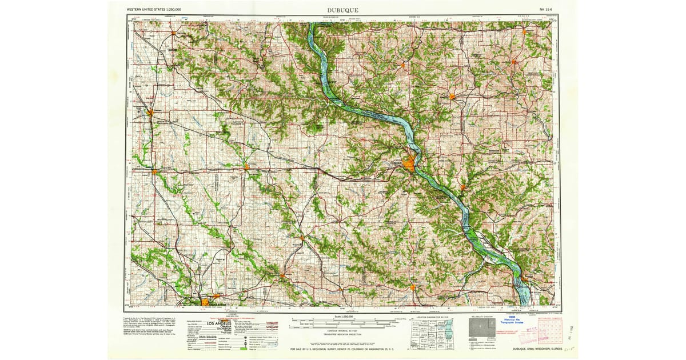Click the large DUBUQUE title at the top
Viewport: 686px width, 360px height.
coord(343,10)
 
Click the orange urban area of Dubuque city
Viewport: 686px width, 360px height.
coord(410,165)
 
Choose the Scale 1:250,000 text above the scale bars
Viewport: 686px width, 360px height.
coord(343,316)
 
